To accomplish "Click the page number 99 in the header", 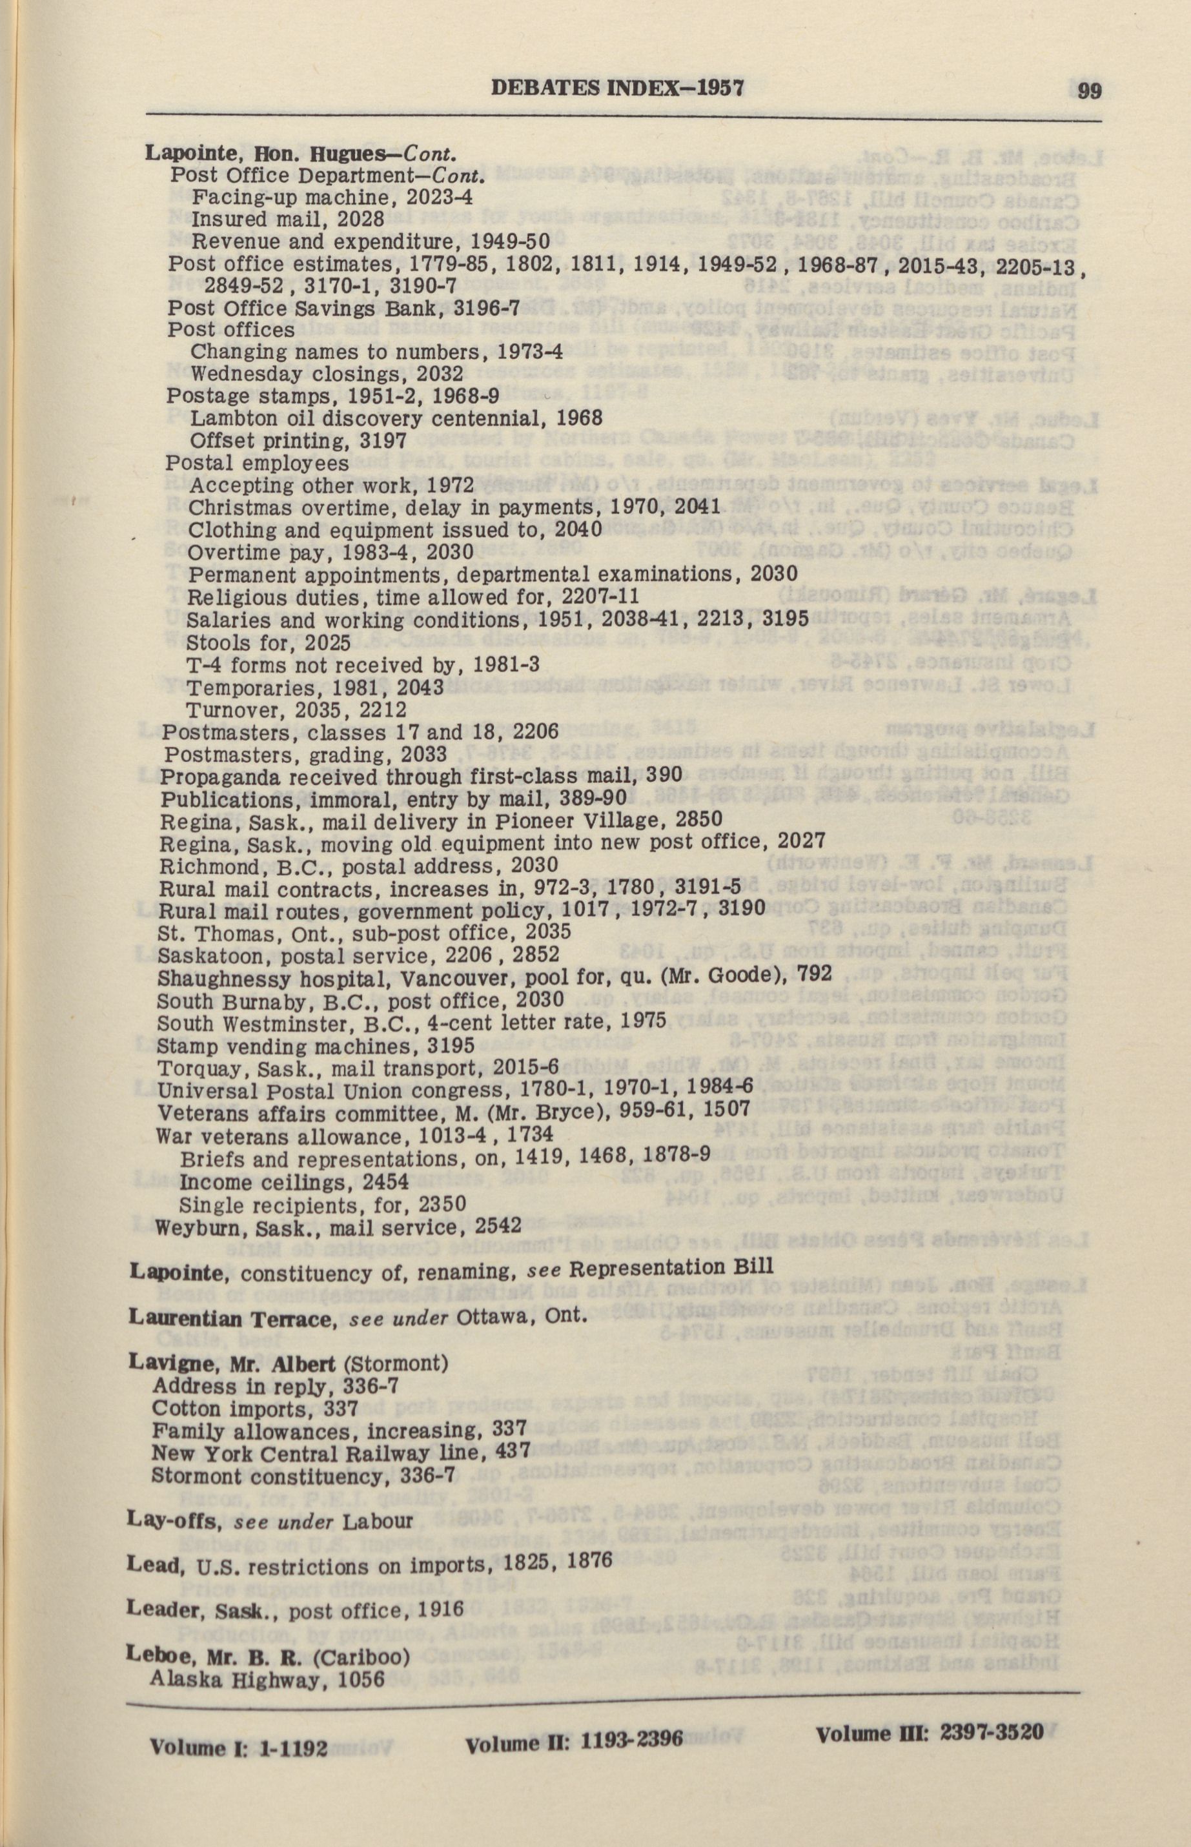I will (x=1090, y=90).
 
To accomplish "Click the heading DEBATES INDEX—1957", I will (x=617, y=88).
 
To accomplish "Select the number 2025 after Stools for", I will (x=328, y=643).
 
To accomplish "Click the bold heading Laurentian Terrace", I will (x=229, y=1317).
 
